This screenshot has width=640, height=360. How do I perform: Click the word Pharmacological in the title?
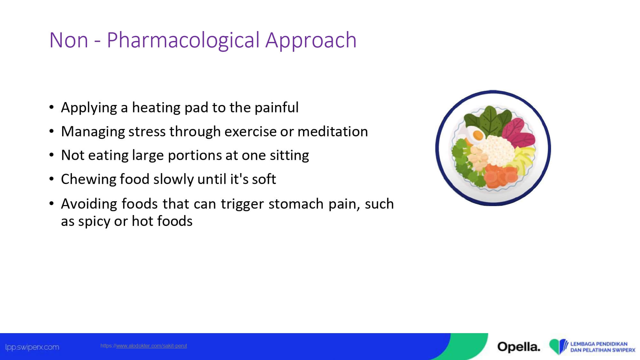pos(183,41)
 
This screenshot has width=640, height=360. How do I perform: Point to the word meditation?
pos(333,131)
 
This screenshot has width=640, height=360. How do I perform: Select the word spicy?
pos(94,221)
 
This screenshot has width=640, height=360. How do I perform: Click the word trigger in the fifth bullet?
pos(242,204)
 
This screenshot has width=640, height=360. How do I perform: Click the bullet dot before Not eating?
pos(52,155)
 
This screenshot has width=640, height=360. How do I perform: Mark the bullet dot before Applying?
pos(52,107)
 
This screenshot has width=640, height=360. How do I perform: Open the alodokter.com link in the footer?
pos(144,346)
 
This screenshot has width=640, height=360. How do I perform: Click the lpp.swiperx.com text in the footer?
pos(32,347)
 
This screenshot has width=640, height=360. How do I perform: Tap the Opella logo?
pos(519,347)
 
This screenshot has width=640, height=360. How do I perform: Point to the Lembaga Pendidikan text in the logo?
pos(599,344)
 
